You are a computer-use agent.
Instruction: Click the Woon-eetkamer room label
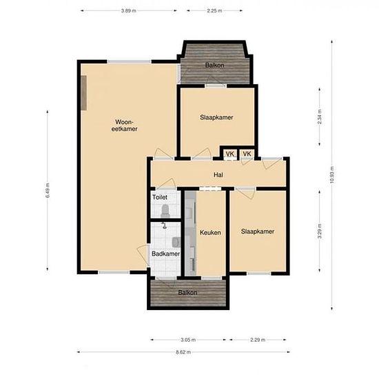(x=124, y=125)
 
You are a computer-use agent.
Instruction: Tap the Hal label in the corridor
(x=218, y=175)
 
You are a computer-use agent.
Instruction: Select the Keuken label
(x=210, y=232)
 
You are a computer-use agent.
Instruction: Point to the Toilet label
(x=160, y=197)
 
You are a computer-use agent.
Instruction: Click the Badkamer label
(x=166, y=254)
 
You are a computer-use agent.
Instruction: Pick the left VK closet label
(x=230, y=154)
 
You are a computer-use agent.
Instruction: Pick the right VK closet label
(x=247, y=154)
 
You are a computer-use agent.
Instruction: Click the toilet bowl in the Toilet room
(x=165, y=211)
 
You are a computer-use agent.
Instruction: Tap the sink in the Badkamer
(x=176, y=242)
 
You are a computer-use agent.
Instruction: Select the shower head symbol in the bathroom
(x=164, y=225)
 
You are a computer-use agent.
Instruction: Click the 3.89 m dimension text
(x=129, y=10)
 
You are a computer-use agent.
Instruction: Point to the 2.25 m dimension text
(x=214, y=10)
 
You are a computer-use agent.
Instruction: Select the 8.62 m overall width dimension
(x=183, y=352)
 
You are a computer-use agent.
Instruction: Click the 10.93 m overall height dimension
(x=332, y=175)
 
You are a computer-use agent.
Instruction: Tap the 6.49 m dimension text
(x=48, y=190)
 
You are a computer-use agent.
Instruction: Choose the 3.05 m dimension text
(x=188, y=340)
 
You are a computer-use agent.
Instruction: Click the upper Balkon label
(x=214, y=65)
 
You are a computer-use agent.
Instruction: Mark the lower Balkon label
(x=187, y=293)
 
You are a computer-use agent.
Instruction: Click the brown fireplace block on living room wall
(x=83, y=93)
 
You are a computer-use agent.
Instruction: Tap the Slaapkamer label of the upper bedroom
(x=216, y=117)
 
